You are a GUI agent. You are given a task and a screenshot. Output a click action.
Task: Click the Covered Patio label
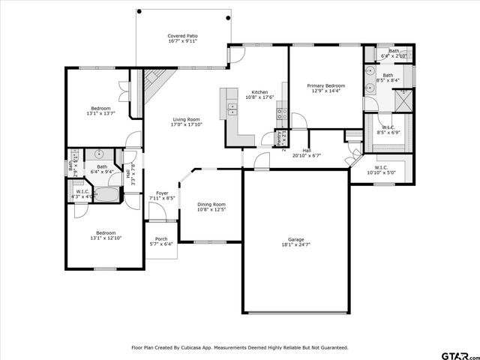point(183,37)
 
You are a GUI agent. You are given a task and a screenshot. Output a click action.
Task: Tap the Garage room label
point(295,241)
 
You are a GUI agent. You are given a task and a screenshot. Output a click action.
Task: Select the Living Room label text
point(186,121)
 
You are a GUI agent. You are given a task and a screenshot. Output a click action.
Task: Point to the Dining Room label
point(211,206)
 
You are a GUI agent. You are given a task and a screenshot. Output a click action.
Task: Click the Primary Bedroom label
point(325,88)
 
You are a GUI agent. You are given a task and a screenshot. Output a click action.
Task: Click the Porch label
point(160,241)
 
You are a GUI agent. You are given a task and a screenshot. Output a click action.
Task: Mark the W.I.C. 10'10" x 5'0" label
point(381,169)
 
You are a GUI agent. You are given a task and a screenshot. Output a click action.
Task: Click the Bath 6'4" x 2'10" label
point(394,53)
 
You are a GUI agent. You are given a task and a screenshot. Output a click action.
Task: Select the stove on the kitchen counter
point(282,114)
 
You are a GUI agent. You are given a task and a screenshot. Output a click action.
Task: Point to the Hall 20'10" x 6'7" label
point(307,153)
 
